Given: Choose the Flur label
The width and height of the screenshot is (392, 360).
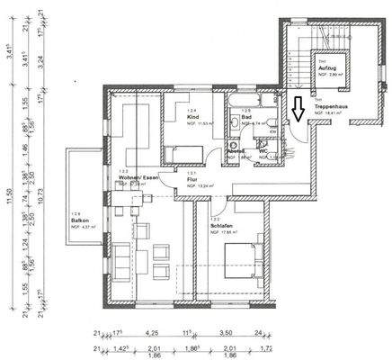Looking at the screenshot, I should [192, 180].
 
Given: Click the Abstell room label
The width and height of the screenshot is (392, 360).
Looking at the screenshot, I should [234, 151].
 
